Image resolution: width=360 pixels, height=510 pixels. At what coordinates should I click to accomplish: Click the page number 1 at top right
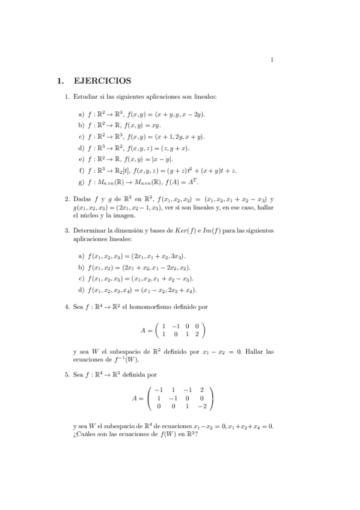pos(272,59)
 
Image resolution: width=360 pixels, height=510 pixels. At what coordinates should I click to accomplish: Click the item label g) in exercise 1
pos(81,182)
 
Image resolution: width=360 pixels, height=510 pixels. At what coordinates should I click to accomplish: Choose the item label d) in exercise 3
pos(81,290)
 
